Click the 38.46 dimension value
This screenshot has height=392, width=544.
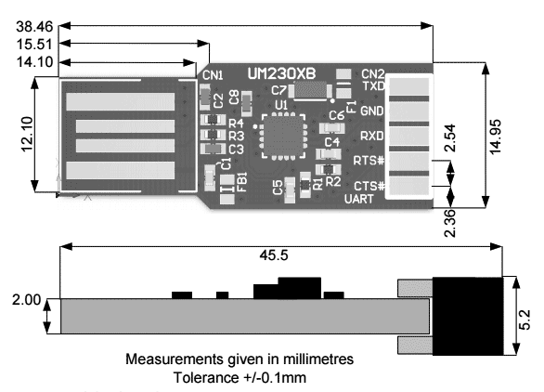point(34,27)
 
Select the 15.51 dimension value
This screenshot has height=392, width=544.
point(34,45)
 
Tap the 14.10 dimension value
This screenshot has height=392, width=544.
point(34,62)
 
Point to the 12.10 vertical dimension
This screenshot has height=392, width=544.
point(28,134)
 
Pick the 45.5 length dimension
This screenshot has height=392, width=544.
point(274,255)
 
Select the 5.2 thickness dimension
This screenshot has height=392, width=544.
point(525,320)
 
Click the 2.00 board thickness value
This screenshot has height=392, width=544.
point(26,300)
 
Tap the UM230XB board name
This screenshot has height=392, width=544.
point(281,73)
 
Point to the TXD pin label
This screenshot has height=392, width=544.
point(374,85)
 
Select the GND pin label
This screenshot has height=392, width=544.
point(372,111)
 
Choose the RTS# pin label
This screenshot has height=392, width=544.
point(369,161)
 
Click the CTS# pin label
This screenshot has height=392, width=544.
point(369,186)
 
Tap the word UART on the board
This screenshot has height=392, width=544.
point(359,199)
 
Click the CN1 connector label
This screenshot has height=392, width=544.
point(213,75)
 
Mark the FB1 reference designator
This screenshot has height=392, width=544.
point(242,182)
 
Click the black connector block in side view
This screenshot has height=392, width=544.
point(467,316)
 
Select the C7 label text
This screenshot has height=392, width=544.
point(278,91)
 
